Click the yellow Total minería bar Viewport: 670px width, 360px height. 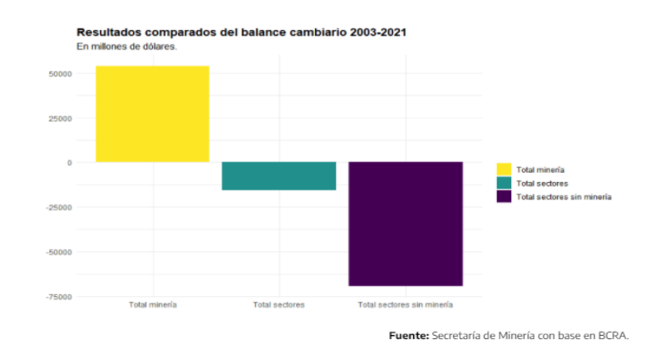point(152,114)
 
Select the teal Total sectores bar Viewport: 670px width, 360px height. point(278,176)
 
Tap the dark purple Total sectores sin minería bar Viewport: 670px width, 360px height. point(405,224)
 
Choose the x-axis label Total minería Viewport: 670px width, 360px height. point(152,305)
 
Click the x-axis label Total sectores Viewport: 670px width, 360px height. point(278,305)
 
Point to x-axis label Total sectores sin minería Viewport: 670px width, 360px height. point(405,305)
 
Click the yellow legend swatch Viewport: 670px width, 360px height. point(504,169)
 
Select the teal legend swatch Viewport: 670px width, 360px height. point(504,183)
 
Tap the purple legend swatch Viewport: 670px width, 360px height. point(504,197)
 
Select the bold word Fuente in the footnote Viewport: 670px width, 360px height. point(409,335)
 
